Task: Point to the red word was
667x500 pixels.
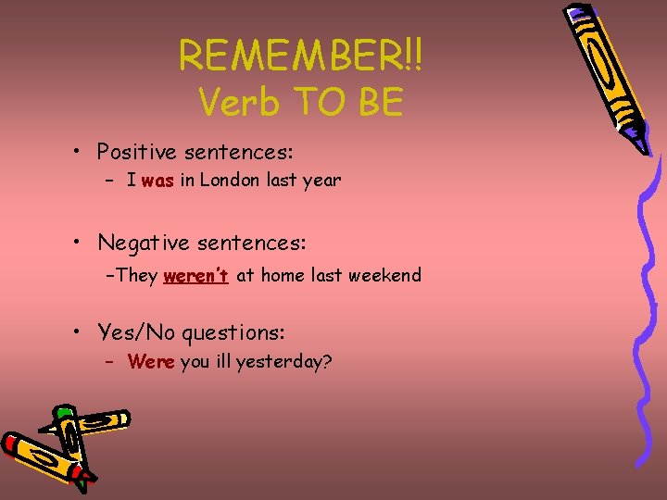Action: [x=158, y=181]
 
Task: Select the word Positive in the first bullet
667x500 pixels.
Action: [x=135, y=151]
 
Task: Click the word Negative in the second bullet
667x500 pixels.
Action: [x=140, y=244]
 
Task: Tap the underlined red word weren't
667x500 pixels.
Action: [x=195, y=275]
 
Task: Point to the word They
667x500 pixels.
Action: [x=137, y=275]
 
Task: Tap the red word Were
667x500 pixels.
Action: [x=152, y=362]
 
